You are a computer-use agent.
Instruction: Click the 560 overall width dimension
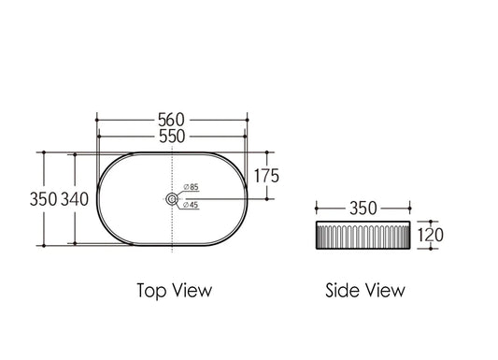172,120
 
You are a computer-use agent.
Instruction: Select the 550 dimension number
172,137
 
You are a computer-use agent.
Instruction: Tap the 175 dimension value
264,175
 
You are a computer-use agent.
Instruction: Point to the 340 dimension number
76,200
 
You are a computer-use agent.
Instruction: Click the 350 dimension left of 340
45,200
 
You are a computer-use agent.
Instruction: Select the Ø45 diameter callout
190,204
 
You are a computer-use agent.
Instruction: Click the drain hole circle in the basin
172,199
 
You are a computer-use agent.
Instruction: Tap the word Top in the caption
153,290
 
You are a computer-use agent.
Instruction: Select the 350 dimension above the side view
364,206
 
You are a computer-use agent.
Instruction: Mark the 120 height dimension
430,236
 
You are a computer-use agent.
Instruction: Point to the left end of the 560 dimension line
96,120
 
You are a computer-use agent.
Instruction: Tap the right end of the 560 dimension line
248,120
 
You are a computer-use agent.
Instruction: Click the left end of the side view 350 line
316,207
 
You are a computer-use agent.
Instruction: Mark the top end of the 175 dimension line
268,152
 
